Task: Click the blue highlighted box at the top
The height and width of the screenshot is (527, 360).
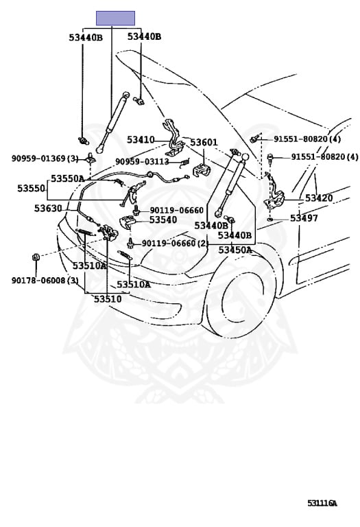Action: [x=115, y=18]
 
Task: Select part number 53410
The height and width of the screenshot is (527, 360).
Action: [x=141, y=140]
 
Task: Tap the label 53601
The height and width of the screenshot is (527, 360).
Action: [x=204, y=142]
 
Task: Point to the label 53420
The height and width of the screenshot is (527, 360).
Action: [x=319, y=198]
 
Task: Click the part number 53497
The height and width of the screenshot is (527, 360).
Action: [x=304, y=218]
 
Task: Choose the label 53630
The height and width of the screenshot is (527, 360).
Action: [x=48, y=209]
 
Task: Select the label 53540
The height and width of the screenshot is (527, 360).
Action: [x=163, y=220]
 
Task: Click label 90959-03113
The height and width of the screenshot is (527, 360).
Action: [x=142, y=162]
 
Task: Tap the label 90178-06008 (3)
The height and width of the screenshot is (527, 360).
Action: [x=45, y=280]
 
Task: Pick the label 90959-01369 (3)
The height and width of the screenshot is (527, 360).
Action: [x=45, y=159]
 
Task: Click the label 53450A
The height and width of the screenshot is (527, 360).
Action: [x=235, y=250]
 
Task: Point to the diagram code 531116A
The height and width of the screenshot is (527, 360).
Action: [x=322, y=503]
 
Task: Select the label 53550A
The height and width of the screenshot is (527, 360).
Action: [x=67, y=178]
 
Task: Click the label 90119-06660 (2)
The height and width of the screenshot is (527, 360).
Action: [x=175, y=243]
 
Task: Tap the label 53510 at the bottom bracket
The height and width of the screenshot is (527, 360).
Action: [x=108, y=298]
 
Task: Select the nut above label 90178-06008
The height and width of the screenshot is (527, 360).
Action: [x=36, y=257]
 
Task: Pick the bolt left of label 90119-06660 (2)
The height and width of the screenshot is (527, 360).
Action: [x=130, y=243]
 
